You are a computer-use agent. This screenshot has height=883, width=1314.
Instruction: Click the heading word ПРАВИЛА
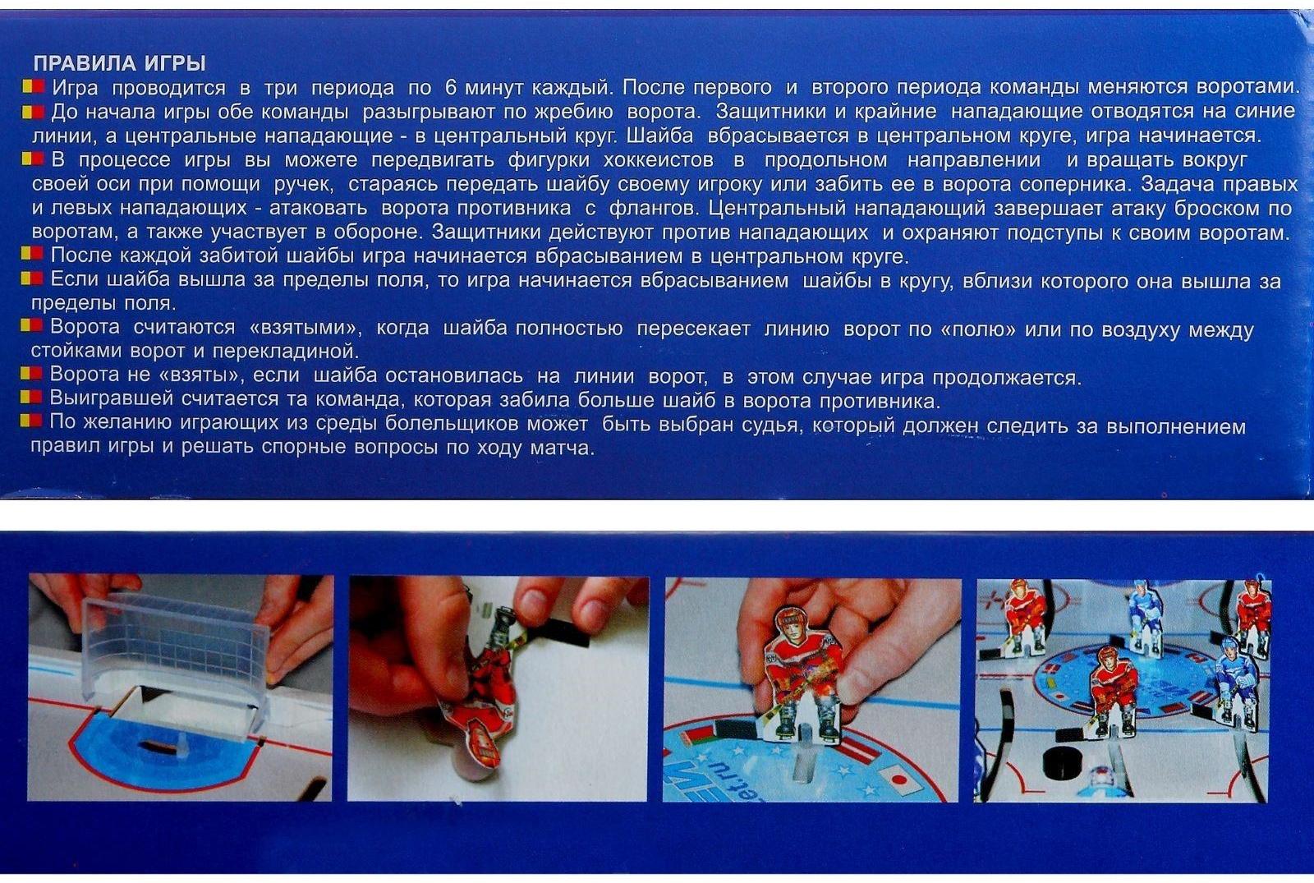[x=83, y=63]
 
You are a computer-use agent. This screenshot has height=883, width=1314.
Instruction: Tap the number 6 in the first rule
[x=451, y=87]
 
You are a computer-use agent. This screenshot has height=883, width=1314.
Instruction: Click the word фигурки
[x=549, y=160]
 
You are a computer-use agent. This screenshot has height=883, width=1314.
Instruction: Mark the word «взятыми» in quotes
[x=306, y=328]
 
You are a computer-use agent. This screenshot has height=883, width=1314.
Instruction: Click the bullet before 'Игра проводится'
[x=33, y=87]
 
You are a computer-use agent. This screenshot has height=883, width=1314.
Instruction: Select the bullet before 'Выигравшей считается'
[x=31, y=398]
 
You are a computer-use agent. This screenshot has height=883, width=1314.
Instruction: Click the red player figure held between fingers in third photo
[x=804, y=674]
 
